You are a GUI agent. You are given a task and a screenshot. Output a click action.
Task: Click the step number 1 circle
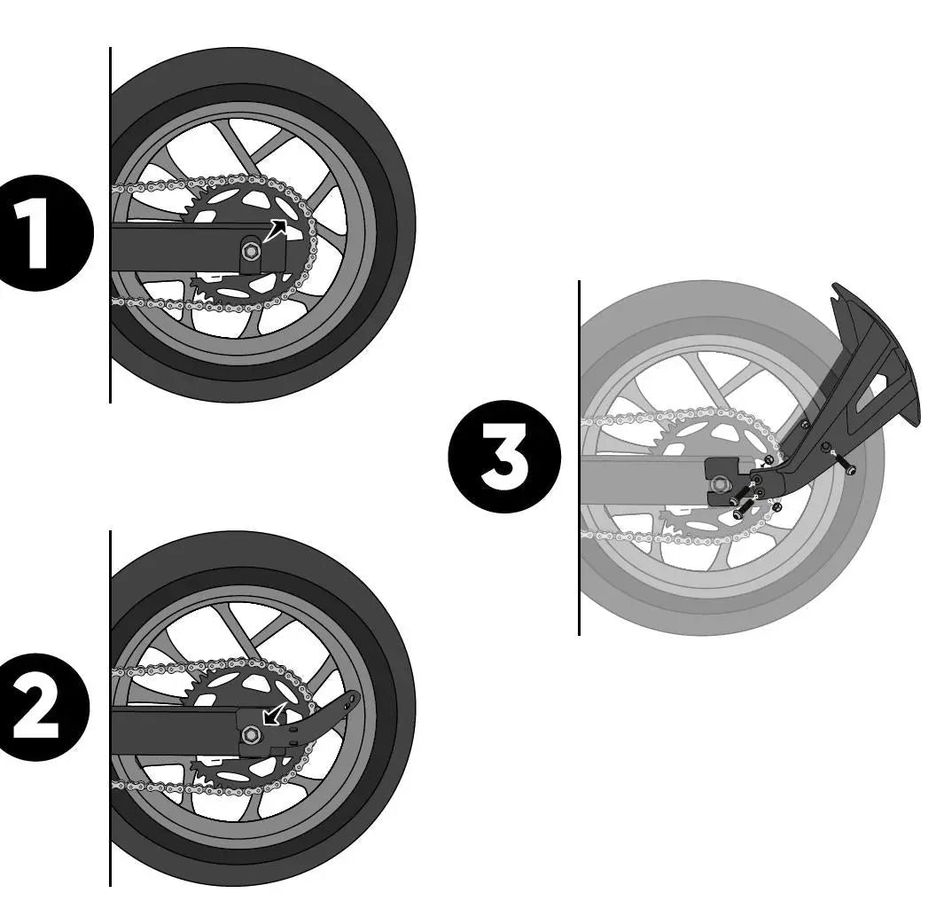point(37,233)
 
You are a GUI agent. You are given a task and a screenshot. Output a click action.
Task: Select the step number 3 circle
point(504,456)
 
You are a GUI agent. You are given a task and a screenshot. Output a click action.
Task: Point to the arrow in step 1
point(275,231)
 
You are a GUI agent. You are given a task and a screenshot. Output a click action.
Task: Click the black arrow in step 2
point(275,714)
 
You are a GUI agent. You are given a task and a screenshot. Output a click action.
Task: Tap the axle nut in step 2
point(252,733)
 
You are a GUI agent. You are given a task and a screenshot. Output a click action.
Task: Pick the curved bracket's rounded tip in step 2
point(355,697)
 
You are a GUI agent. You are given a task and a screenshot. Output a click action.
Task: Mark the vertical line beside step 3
point(579,458)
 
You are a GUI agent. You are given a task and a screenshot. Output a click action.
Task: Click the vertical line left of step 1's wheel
point(111,225)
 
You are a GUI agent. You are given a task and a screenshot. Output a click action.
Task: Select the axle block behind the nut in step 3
point(724,482)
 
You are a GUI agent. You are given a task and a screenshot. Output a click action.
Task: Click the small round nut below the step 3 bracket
point(776,507)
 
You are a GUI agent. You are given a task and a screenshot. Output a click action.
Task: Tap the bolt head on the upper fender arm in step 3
point(806,425)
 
